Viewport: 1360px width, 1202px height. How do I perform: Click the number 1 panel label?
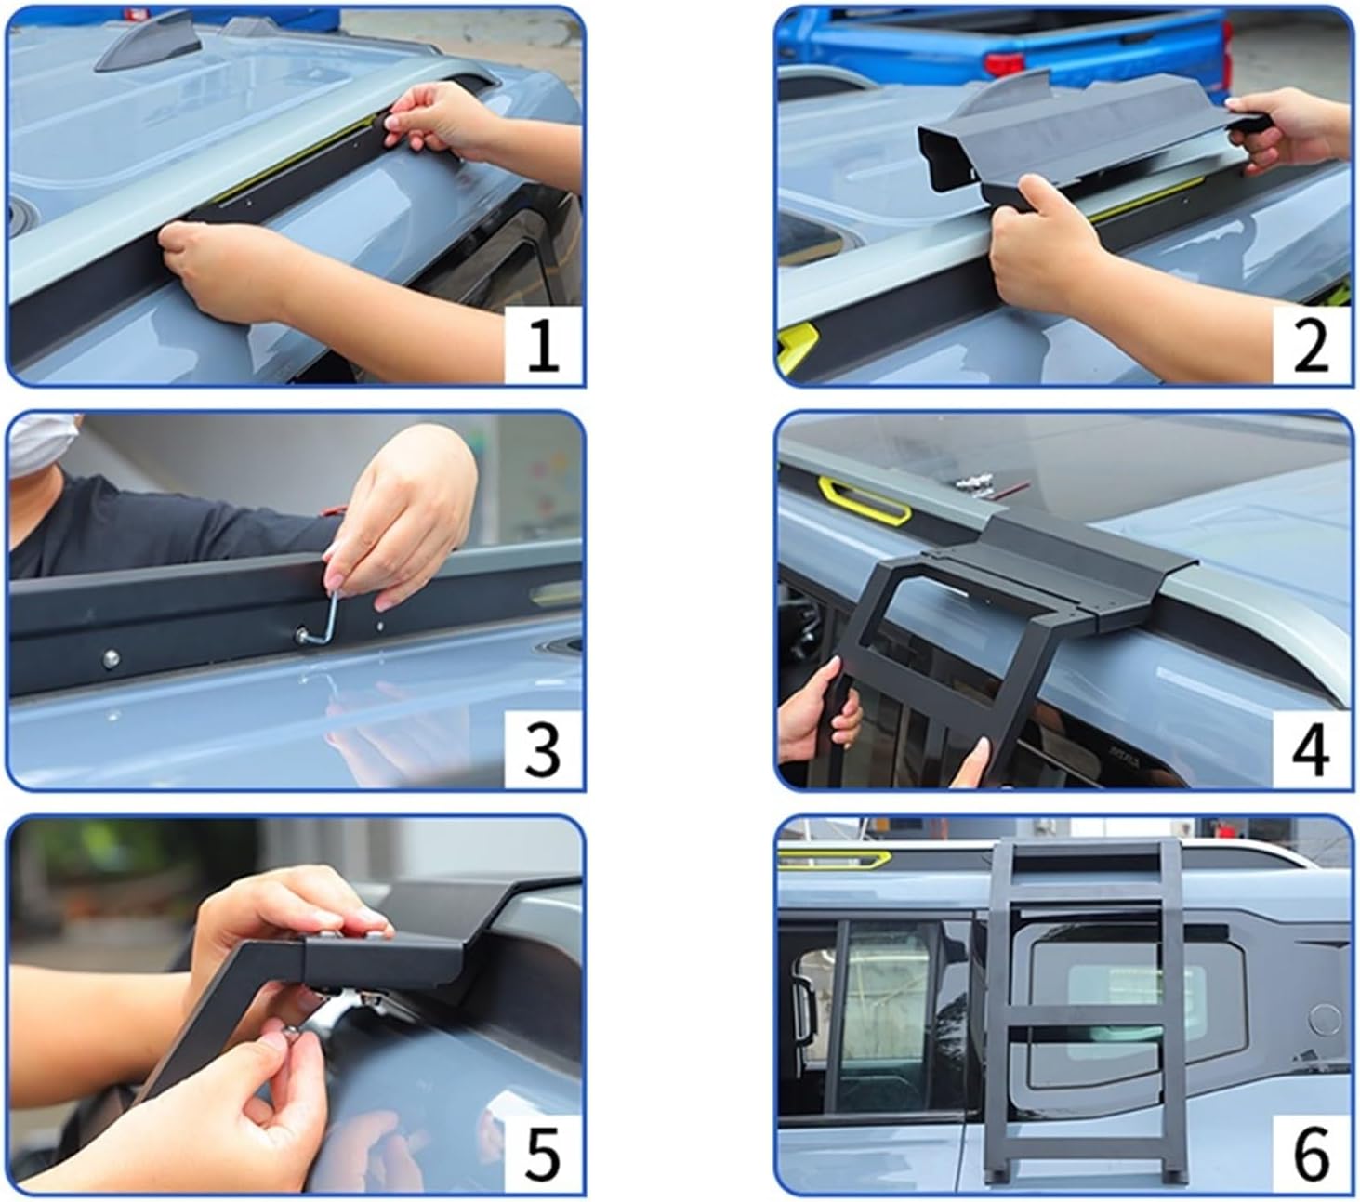point(544,346)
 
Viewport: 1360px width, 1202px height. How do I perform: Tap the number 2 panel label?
point(1311,346)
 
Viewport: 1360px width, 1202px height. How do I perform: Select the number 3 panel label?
point(544,750)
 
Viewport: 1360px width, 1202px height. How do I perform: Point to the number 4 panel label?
point(1311,750)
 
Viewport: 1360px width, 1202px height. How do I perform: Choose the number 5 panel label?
point(544,1154)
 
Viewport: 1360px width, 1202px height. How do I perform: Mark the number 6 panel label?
point(1311,1154)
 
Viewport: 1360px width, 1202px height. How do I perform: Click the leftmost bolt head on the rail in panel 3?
point(111,658)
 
